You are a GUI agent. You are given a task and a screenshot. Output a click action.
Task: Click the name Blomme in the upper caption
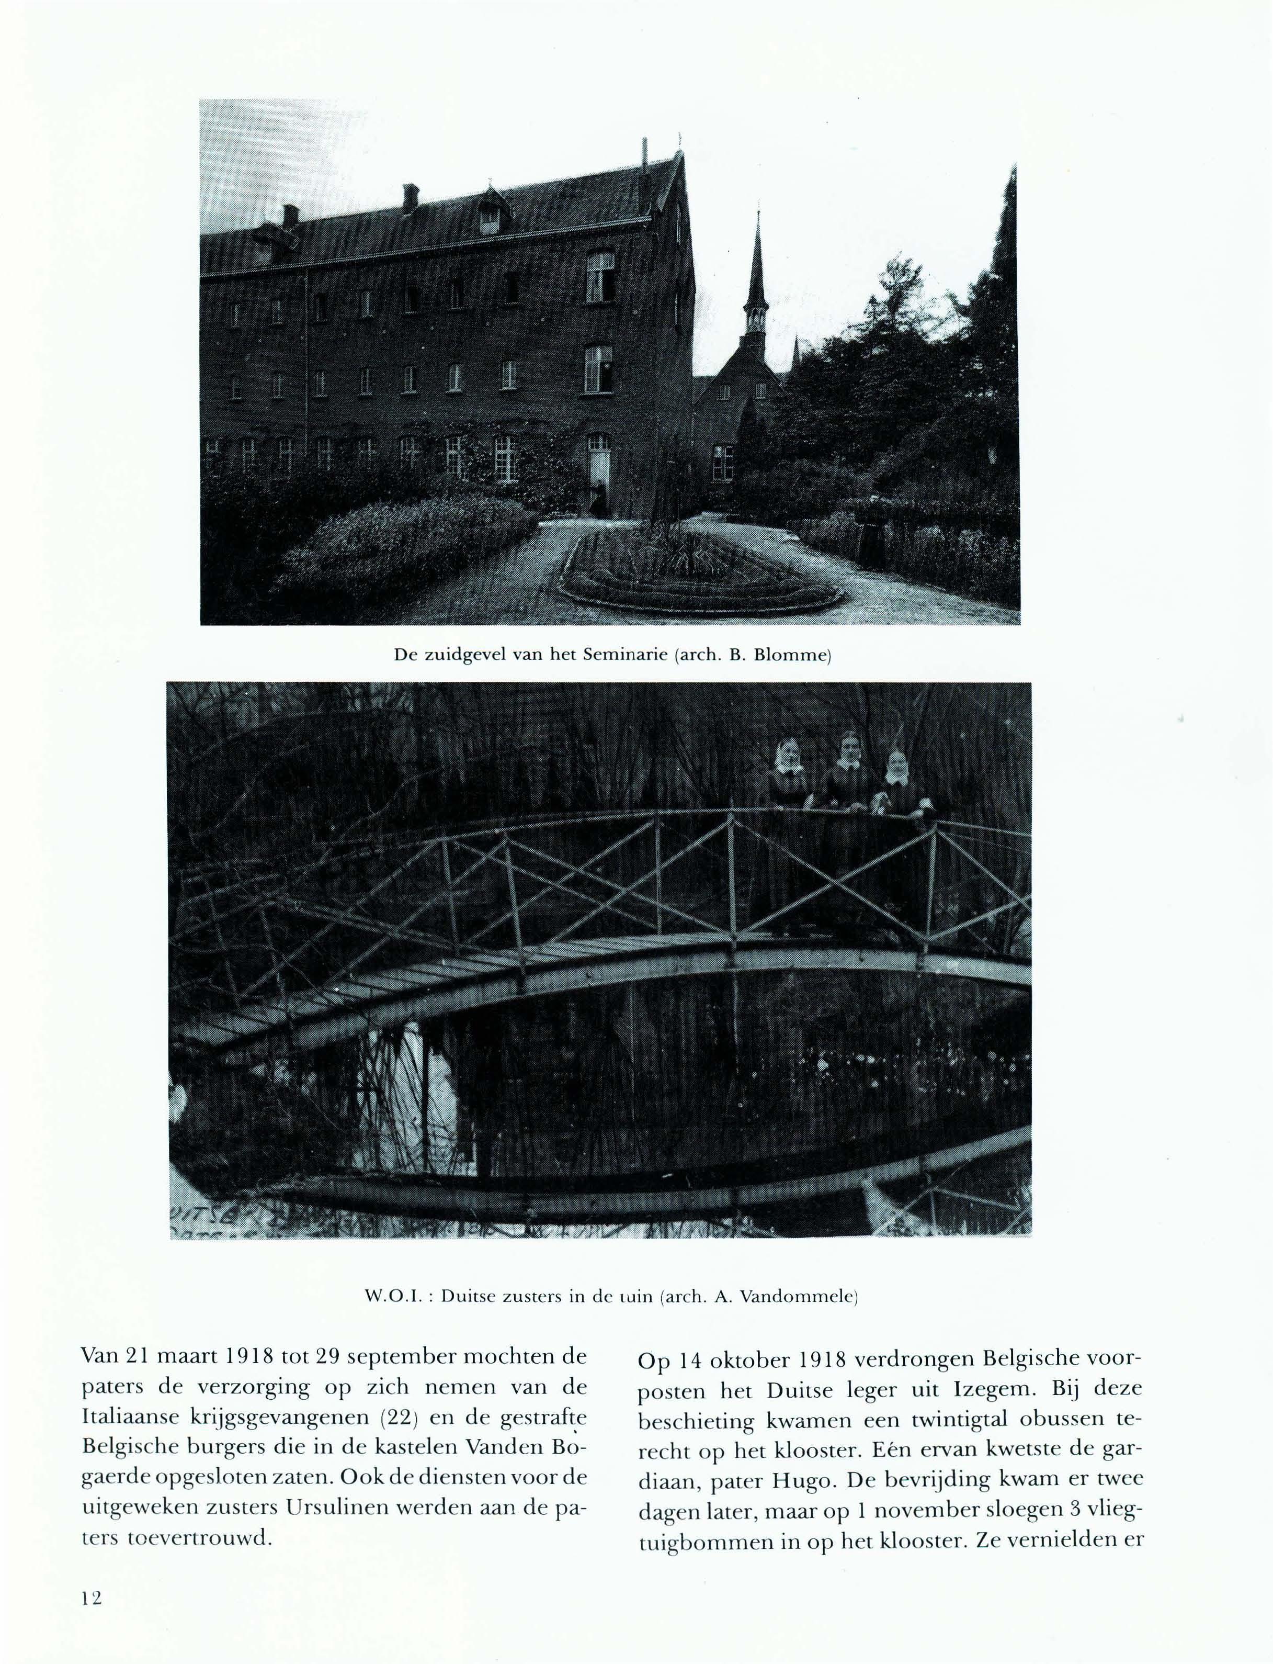pos(798,654)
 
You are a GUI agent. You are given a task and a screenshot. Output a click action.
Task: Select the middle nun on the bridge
pos(846,804)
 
